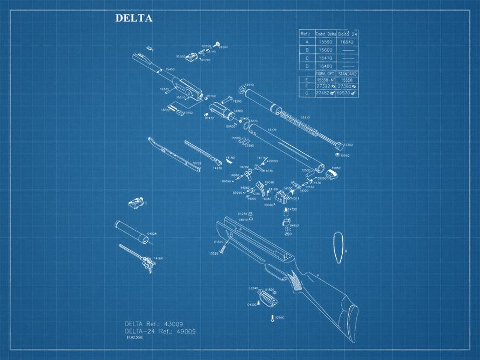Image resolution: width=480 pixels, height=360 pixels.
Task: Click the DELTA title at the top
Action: (x=134, y=18)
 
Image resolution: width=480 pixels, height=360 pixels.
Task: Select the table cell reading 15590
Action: (x=326, y=41)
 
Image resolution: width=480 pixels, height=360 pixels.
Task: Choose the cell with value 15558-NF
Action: (x=325, y=79)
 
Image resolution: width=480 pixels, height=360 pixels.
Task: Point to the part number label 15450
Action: (x=170, y=69)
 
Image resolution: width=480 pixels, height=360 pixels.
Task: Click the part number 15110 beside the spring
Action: (x=305, y=117)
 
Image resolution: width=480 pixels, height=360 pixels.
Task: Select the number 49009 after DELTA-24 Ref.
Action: (x=185, y=331)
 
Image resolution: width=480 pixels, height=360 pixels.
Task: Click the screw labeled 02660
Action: (x=273, y=318)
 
